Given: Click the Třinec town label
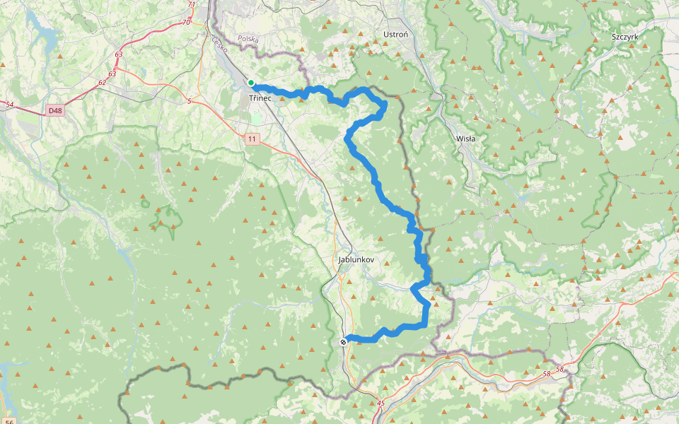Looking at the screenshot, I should click(260, 98).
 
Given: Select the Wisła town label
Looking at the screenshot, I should click(466, 139).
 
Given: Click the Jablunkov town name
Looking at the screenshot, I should click(356, 260).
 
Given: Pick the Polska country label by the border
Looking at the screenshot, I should click(248, 40).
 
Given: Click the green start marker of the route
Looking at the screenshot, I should click(251, 83).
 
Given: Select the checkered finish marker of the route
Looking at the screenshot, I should click(343, 342).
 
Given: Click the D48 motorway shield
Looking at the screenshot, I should click(55, 110).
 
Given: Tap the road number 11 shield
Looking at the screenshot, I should click(253, 139).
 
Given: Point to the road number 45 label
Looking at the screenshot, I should click(381, 404).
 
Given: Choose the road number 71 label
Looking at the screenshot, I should click(192, 5).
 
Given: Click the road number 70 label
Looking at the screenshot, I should click(186, 23).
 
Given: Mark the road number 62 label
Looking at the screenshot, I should click(103, 83).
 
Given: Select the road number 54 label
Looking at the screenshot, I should click(9, 105).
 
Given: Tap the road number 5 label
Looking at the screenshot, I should click(189, 102).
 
